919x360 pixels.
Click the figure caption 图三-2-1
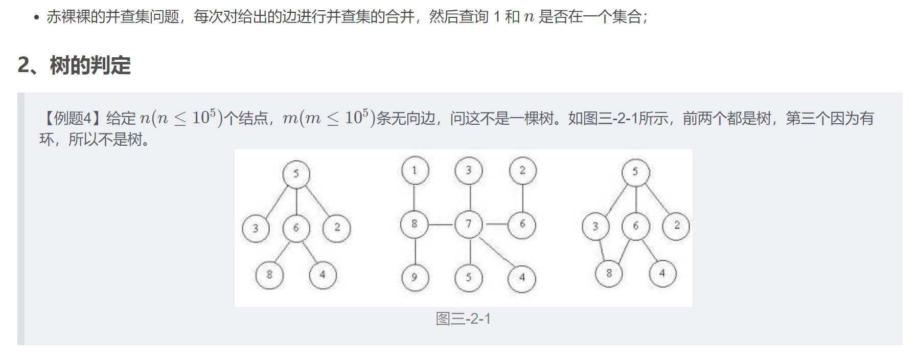(x=463, y=319)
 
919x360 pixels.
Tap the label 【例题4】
(x=71, y=119)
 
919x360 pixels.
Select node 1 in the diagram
(x=415, y=170)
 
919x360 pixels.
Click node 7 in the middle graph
(x=469, y=224)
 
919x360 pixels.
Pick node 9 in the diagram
(x=415, y=277)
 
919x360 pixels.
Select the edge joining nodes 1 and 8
(x=415, y=197)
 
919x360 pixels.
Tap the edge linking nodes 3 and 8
(x=602, y=250)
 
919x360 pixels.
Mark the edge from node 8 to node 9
(x=415, y=251)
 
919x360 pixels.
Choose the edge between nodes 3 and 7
(x=469, y=197)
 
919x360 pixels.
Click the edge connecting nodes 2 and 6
(x=522, y=197)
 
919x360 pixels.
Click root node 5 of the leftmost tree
(x=296, y=174)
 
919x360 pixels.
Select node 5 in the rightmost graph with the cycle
(x=635, y=172)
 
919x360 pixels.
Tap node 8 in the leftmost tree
(x=269, y=275)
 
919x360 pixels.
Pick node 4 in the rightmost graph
(x=662, y=274)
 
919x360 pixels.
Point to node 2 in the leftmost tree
(x=337, y=228)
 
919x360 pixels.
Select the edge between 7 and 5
(x=469, y=251)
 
